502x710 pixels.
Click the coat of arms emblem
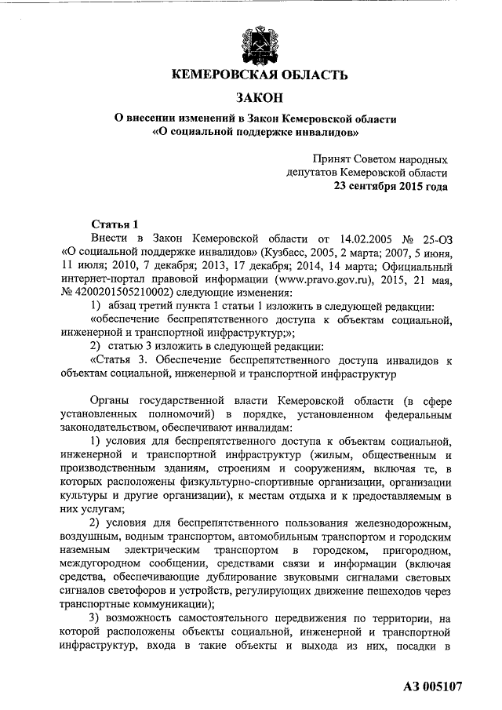[259, 45]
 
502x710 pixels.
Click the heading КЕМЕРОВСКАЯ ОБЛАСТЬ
[258, 75]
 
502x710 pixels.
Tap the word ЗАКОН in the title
[258, 98]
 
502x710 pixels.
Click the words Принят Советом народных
[380, 158]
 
